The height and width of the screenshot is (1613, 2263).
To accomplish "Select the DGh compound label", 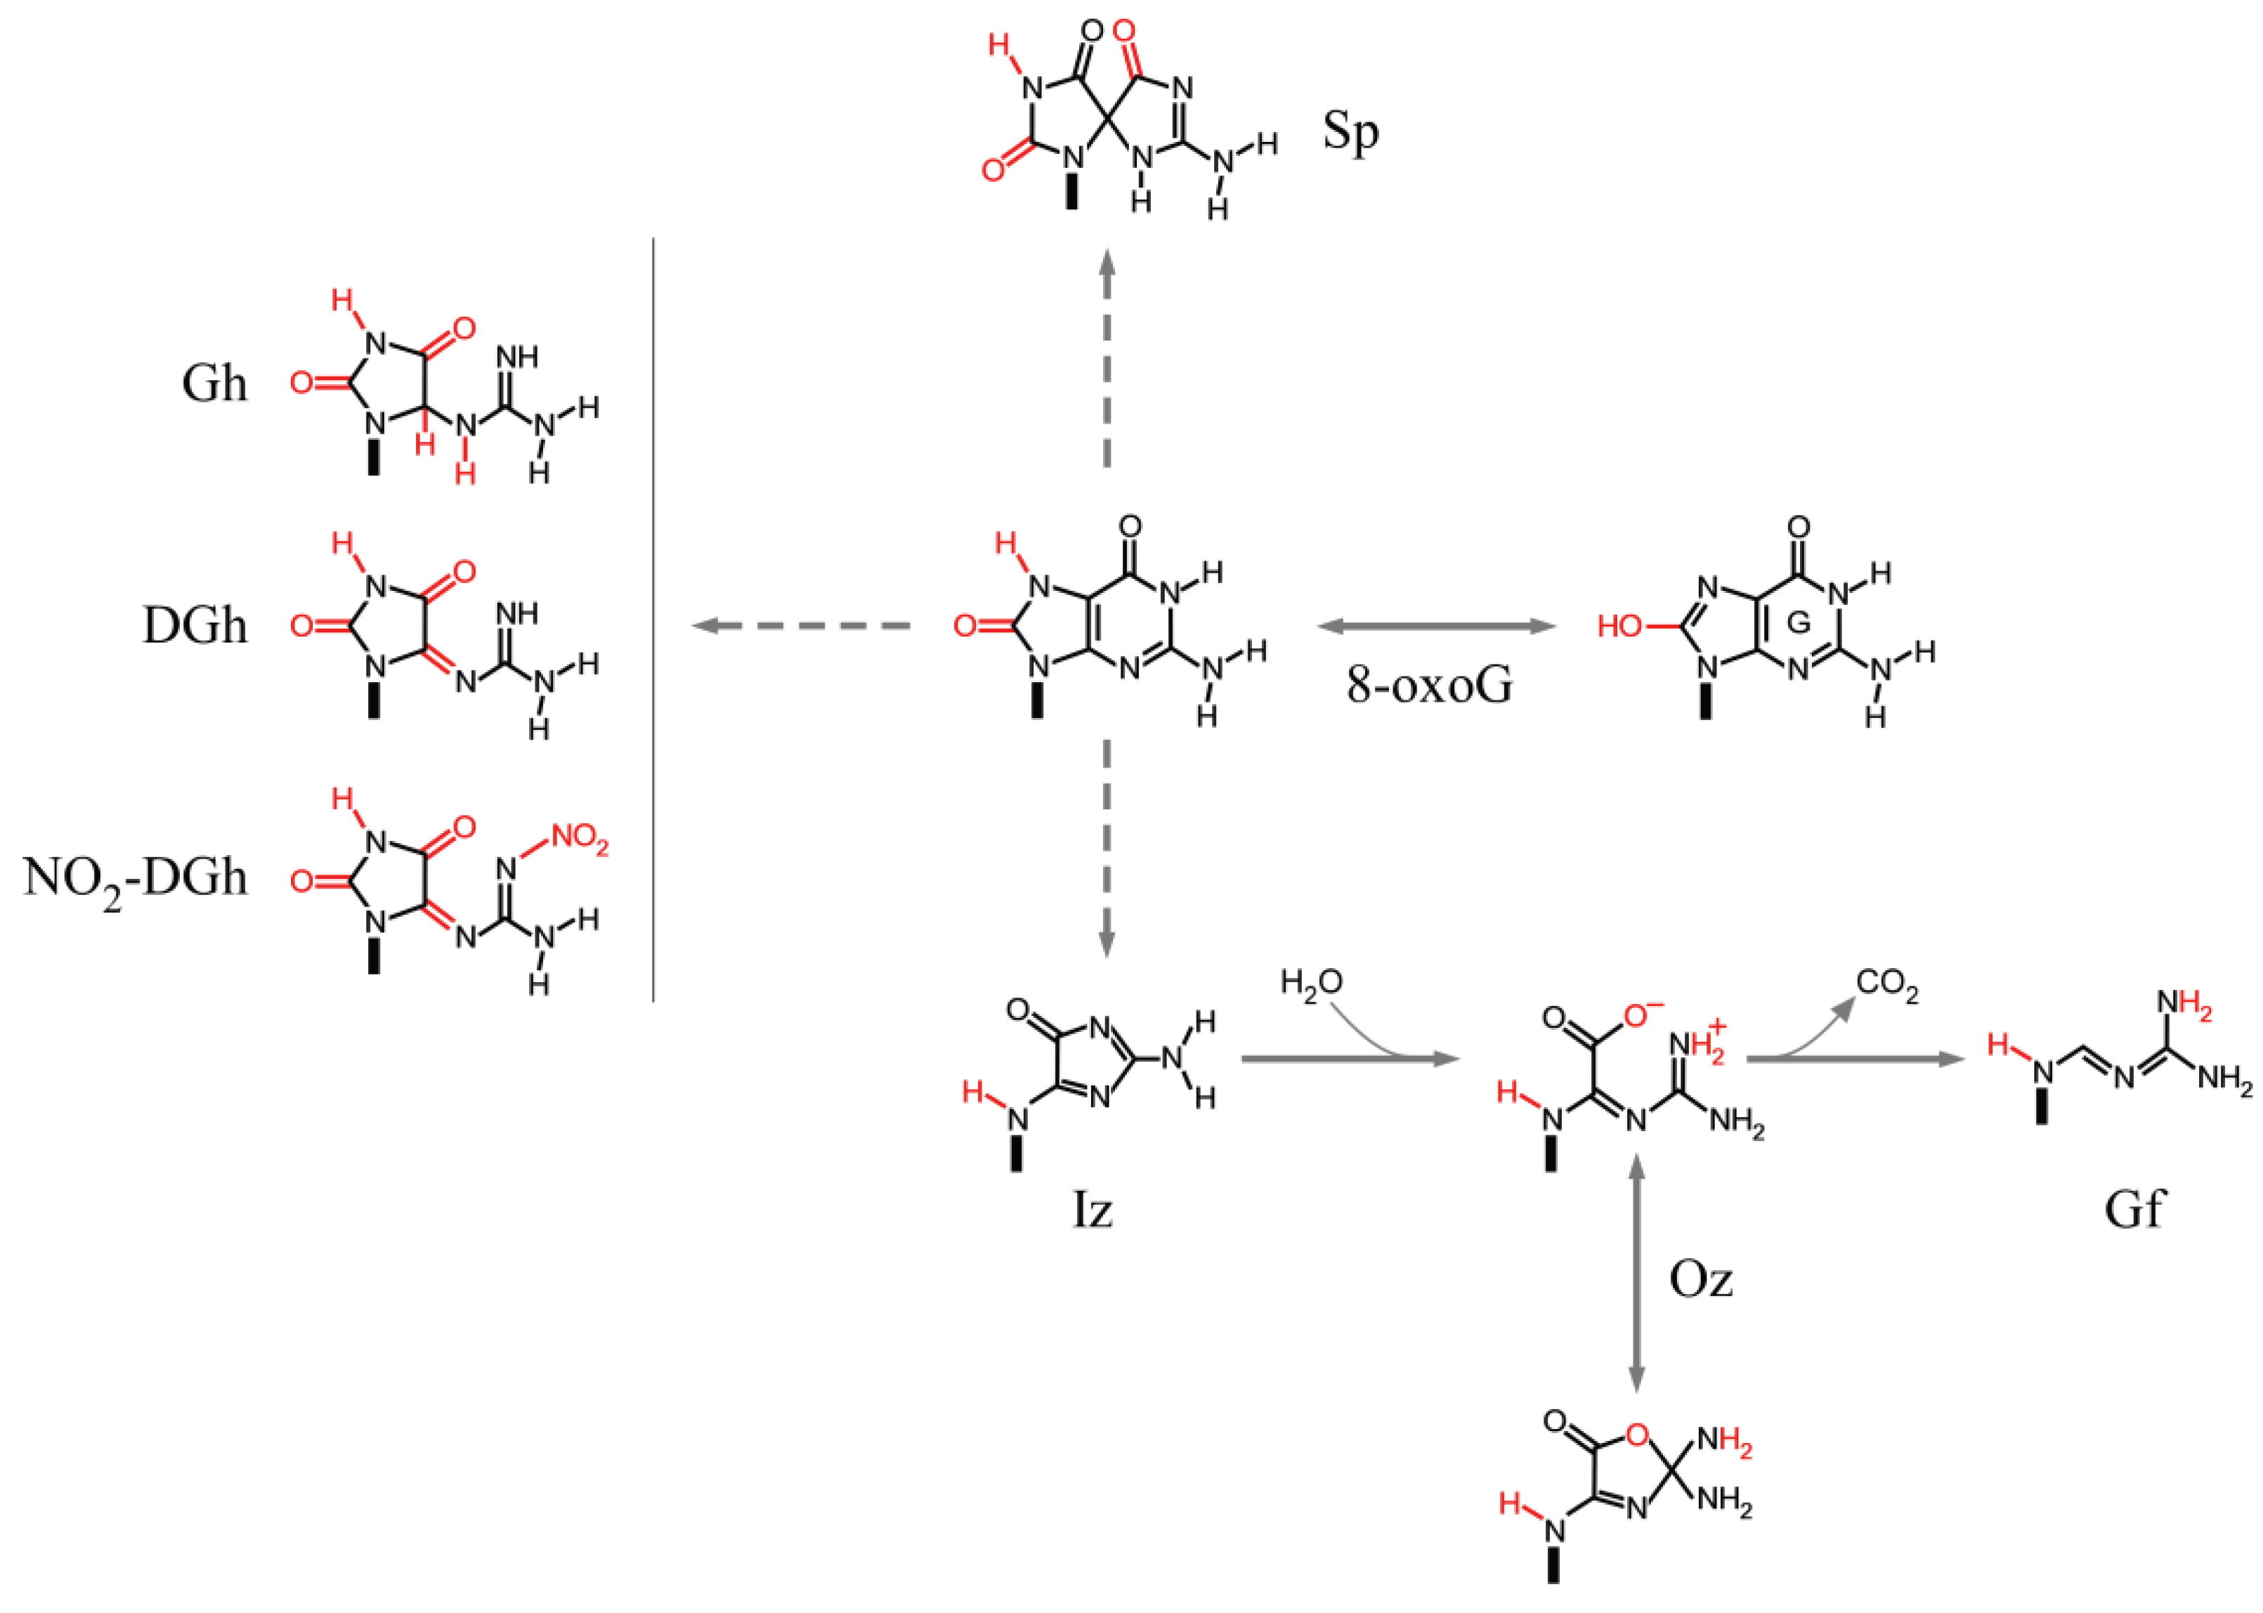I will pos(195,626).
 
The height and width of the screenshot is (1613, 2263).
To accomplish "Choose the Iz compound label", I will pos(1093,1210).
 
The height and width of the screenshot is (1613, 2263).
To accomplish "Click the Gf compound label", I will pos(2134,1210).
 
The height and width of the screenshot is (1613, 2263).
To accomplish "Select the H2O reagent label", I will pos(1311,984).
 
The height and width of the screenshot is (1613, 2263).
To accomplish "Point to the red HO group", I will pos(1619,627).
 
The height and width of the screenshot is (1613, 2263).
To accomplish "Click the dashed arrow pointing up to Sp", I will pos(1107,358).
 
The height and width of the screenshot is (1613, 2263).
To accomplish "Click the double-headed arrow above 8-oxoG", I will pos(1435,626).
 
